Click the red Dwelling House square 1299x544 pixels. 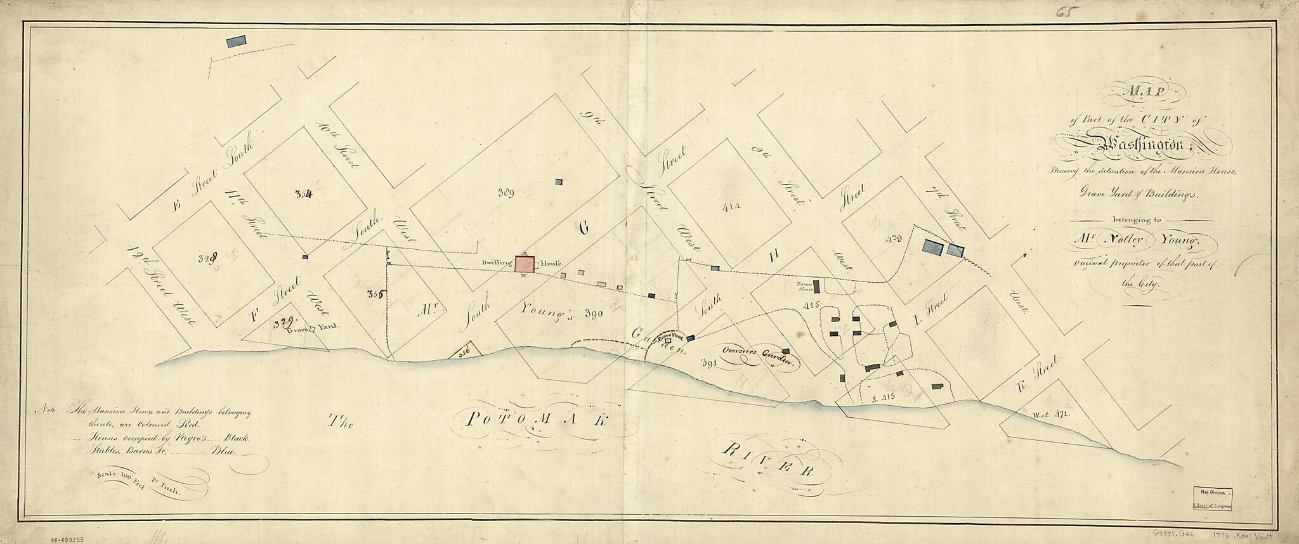[524, 264]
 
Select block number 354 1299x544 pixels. [303, 195]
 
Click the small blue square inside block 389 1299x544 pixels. [559, 182]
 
